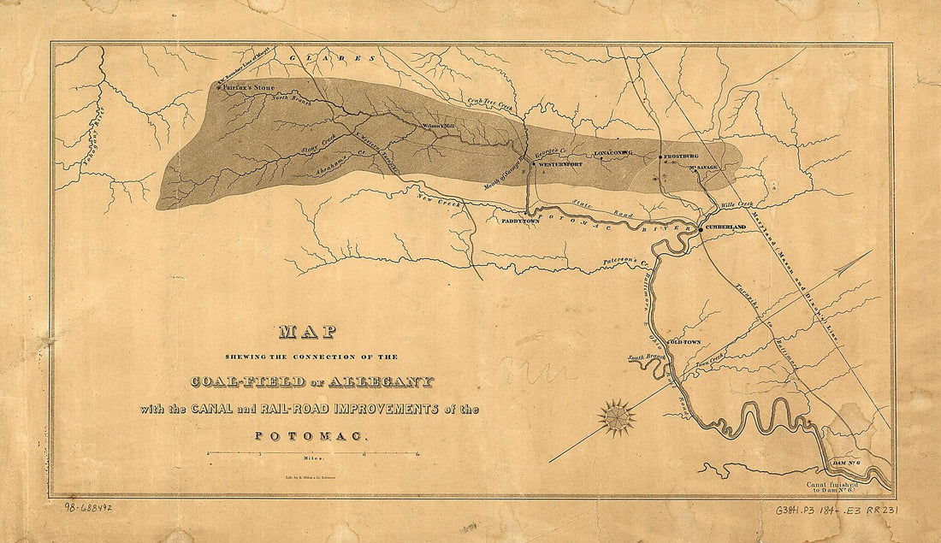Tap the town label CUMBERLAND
tap(726, 227)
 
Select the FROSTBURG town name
tap(681, 156)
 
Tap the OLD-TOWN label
tap(684, 342)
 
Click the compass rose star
tap(617, 416)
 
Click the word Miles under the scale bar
tap(311, 459)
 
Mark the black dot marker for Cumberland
tap(700, 228)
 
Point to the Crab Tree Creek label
tap(488, 103)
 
